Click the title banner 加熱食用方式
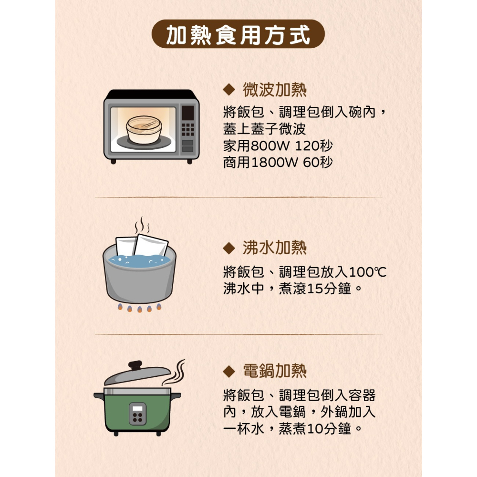pyautogui.click(x=238, y=35)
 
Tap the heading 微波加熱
pyautogui.click(x=274, y=89)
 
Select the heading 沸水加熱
pyautogui.click(x=274, y=248)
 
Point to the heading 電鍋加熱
pyautogui.click(x=274, y=371)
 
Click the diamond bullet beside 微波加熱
pyautogui.click(x=229, y=89)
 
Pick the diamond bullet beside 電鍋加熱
pyautogui.click(x=229, y=371)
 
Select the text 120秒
pyautogui.click(x=317, y=145)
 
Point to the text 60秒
pyautogui.click(x=317, y=163)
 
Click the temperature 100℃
pyautogui.click(x=367, y=273)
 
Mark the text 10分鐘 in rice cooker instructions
pyautogui.click(x=330, y=428)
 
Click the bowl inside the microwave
pyautogui.click(x=144, y=129)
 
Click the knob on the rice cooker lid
pyautogui.click(x=135, y=365)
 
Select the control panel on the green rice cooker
pyautogui.click(x=138, y=414)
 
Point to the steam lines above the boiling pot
pyautogui.click(x=142, y=226)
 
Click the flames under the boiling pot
pyautogui.click(x=139, y=308)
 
